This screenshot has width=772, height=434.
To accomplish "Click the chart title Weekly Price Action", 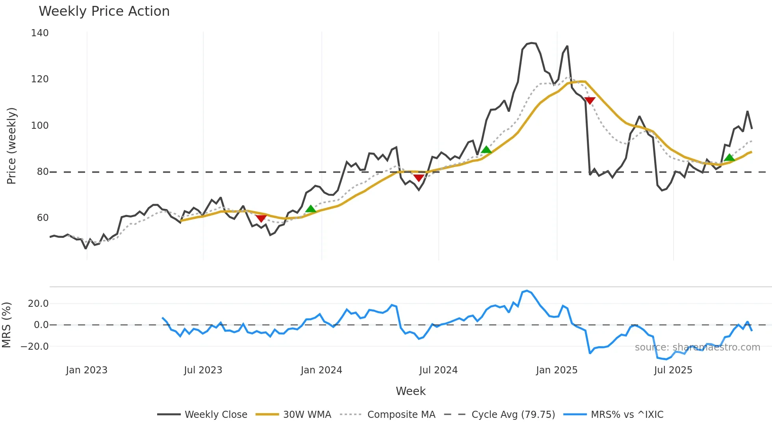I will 104,11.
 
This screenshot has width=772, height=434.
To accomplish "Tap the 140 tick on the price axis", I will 40,33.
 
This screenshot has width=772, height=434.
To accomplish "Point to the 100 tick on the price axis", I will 40,126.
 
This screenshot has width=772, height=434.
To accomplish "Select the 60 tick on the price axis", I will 43,218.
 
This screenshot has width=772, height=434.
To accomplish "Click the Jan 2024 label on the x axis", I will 321,370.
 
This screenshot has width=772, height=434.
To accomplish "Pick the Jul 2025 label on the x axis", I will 673,370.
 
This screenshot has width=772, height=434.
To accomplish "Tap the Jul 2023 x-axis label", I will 203,370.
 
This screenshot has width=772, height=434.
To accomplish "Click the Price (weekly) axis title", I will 11,146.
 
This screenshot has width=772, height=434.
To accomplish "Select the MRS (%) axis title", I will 7,325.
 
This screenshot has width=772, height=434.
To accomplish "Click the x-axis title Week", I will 410,391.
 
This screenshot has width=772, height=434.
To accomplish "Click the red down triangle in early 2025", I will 590,101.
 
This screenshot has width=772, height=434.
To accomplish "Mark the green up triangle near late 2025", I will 729,158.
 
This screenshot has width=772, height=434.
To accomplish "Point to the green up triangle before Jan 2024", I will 311,209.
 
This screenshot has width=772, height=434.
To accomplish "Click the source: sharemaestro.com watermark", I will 697,347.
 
